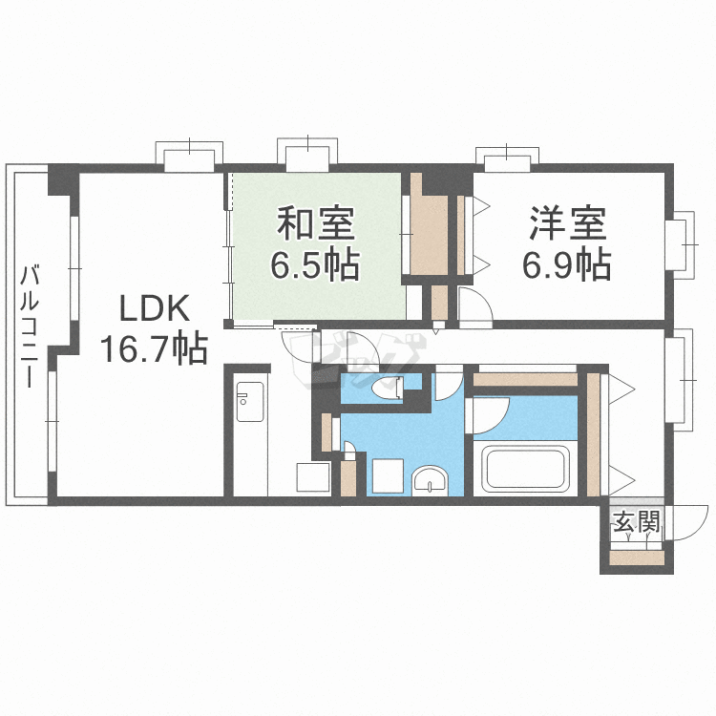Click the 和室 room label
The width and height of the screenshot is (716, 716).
tap(316, 223)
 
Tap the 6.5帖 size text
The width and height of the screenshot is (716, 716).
tap(315, 264)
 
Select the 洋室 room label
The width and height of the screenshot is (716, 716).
tap(568, 223)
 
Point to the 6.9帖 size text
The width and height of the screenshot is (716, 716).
tap(567, 264)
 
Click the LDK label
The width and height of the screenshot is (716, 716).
tap(155, 308)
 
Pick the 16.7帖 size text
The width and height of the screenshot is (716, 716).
tap(154, 348)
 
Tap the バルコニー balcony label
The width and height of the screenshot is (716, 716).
tap(30, 326)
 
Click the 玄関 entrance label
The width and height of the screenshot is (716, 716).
tap(637, 522)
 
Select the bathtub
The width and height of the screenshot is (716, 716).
tap(526, 469)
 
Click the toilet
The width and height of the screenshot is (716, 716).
tap(389, 390)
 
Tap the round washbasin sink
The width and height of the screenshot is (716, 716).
tap(431, 480)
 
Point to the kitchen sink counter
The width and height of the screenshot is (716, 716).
tap(250, 402)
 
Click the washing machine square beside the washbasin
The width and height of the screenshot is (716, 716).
tap(388, 475)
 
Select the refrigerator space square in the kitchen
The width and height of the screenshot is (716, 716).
tap(313, 476)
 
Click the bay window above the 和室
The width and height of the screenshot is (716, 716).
tap(307, 153)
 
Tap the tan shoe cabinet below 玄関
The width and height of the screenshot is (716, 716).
tap(637, 558)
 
